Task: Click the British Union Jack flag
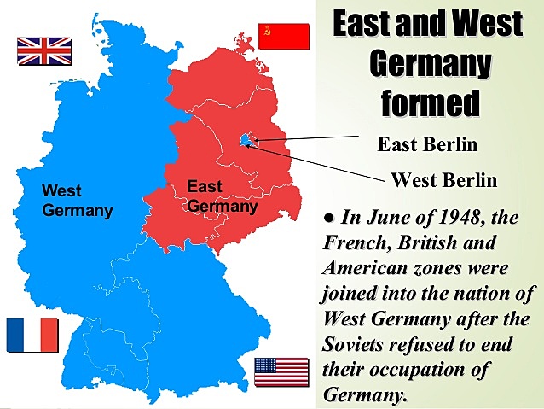[x=44, y=51]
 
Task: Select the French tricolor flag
[x=32, y=335]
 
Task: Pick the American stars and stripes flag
[x=281, y=372]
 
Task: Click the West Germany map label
[x=77, y=200]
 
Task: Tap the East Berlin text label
[x=427, y=144]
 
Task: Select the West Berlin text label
[x=443, y=180]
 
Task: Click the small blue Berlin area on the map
[x=246, y=140]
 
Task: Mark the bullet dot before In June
[x=328, y=219]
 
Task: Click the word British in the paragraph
[x=430, y=243]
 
